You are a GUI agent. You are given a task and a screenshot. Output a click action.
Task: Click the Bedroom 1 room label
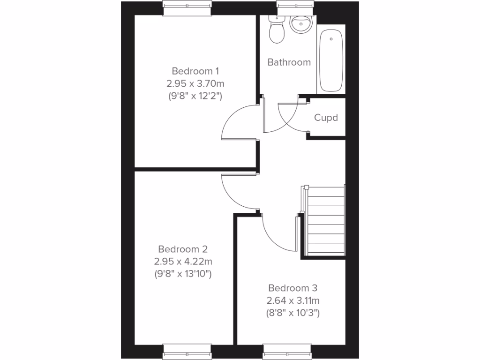[x=195, y=71]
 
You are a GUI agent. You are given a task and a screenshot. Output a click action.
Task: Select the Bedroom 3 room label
[x=293, y=288]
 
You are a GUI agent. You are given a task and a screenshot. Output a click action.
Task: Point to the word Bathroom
[x=289, y=62]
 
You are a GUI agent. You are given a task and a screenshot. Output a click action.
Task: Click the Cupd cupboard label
[x=326, y=118]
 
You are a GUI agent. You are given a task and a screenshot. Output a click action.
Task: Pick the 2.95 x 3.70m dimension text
[x=195, y=84]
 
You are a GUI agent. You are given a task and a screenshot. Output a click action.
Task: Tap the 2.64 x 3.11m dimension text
[x=293, y=300]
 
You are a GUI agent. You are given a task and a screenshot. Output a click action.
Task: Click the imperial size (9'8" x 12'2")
[x=195, y=97]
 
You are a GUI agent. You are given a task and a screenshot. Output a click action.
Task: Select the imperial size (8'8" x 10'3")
[x=293, y=313]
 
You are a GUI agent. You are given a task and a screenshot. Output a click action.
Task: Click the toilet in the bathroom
[x=277, y=31]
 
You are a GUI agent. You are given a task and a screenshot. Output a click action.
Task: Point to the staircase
[x=325, y=220]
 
